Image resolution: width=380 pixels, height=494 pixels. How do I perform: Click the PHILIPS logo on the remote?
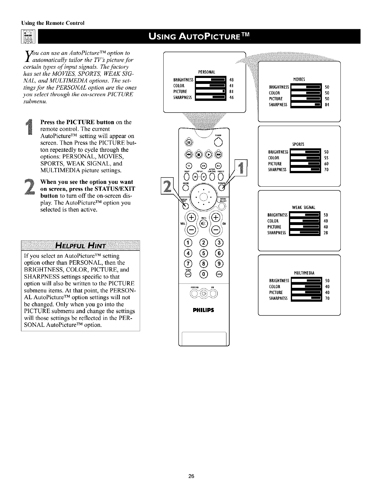coord(204,310)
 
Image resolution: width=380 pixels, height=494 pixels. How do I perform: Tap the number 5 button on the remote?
coord(204,253)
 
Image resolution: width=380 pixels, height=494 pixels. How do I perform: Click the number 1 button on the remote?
coord(188,242)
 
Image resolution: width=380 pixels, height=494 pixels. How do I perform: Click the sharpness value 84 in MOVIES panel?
coord(327,105)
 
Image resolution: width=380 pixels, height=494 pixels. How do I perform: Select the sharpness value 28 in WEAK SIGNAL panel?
coord(326,233)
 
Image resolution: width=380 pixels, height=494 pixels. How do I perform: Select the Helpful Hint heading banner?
coord(80,245)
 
